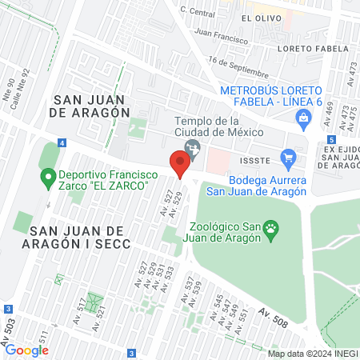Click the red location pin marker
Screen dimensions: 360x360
coord(180,164)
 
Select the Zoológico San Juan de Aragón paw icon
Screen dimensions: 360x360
coord(272,230)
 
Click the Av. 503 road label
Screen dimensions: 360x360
coord(10,326)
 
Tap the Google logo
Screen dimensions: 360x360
coord(26,350)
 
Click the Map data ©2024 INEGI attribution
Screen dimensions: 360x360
coord(312,354)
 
